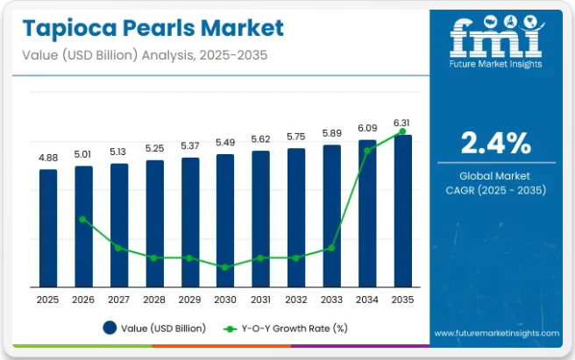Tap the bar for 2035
point(402,210)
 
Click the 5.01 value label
point(83,156)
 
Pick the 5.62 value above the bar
point(260,138)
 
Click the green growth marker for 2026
point(83,219)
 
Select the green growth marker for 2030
point(225,267)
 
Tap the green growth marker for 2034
point(367,151)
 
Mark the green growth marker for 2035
point(402,131)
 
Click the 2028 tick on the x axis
point(154,300)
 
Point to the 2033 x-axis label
point(331,300)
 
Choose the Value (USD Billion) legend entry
point(154,328)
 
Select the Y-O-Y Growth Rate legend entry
point(286,328)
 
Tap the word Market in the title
point(241,29)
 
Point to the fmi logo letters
point(496,38)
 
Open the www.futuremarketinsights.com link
point(496,334)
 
